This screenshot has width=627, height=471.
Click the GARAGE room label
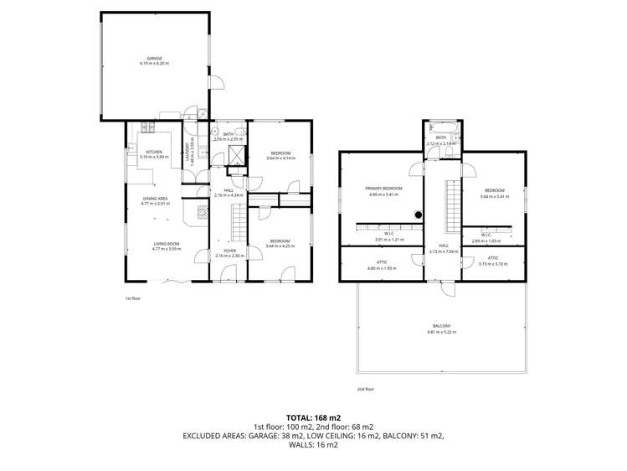pos(155,58)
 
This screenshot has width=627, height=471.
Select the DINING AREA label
pos(155,198)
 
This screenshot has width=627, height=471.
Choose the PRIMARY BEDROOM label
pos(383,189)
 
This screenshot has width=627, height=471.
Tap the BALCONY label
pos(441,326)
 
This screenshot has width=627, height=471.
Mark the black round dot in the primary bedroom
pos(418,214)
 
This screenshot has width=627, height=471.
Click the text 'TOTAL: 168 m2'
pos(313,417)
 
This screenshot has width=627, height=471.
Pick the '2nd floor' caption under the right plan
pos(365,389)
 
